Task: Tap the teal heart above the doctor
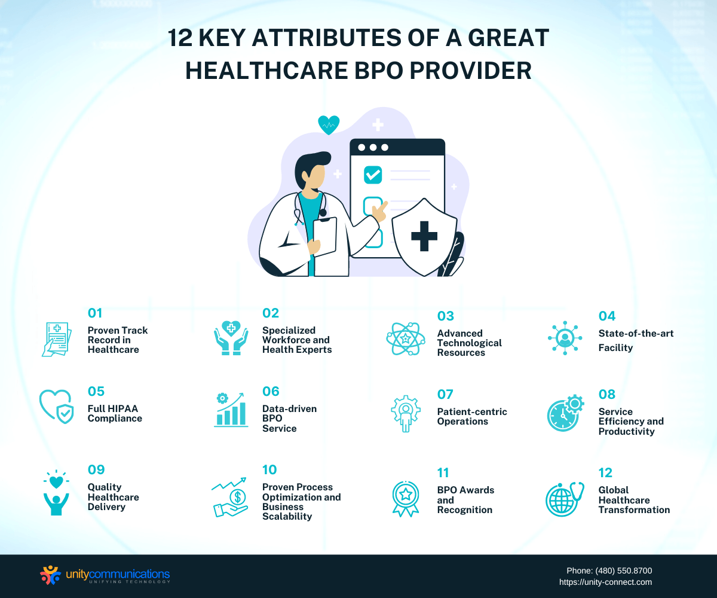pos(329,125)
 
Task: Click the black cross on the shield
pos(424,236)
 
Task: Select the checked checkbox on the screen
pos(373,175)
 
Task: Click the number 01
pos(95,313)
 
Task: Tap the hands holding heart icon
pos(231,338)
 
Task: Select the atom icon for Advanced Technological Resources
pos(406,339)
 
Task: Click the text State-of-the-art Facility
pos(636,340)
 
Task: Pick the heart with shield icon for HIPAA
pos(56,407)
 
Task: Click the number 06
pos(271,392)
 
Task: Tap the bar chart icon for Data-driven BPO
pos(231,410)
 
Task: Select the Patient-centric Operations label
pos(472,417)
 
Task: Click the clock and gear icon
pos(565,413)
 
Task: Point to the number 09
pos(96,470)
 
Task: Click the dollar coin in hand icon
pos(229,498)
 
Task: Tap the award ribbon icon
pos(406,499)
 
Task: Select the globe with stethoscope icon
pos(565,499)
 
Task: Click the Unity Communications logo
pos(105,575)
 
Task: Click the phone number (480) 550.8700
pos(624,571)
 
